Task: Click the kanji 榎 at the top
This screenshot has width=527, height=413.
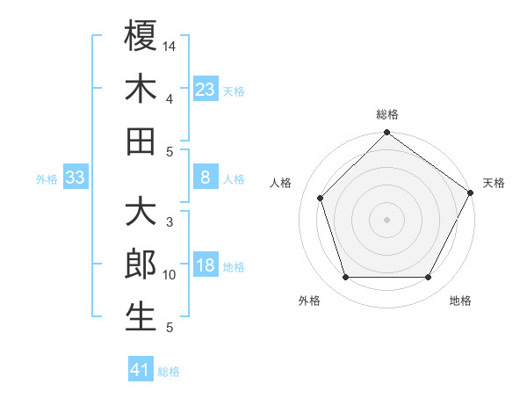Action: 141,36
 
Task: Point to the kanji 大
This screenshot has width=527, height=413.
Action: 141,214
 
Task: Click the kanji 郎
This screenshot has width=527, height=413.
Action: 141,265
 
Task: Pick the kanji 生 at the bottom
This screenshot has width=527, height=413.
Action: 141,317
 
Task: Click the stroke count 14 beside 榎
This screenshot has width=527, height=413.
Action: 170,45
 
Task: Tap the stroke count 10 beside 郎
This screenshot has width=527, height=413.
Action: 170,275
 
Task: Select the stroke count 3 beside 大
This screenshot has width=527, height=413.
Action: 170,222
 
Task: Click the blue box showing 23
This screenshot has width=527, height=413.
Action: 205,89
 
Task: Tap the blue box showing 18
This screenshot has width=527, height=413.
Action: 205,266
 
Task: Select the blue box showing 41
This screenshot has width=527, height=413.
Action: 141,370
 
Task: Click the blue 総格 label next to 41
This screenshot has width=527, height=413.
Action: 169,372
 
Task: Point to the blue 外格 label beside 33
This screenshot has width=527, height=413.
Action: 47,179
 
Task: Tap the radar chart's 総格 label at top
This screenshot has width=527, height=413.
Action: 387,114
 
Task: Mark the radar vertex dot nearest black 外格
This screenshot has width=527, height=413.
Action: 345,278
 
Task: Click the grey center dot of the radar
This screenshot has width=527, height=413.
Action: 387,219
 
